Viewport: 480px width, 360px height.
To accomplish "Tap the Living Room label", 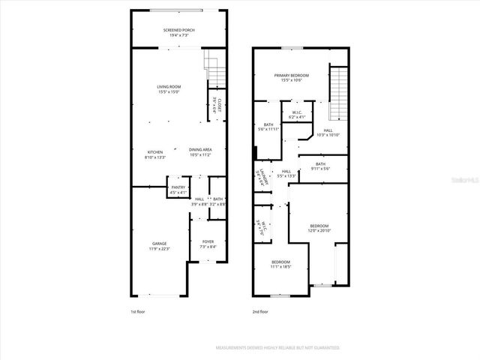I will (169, 89).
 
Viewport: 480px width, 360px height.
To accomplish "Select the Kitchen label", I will (154, 154).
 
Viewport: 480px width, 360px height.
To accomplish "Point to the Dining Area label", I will (200, 152).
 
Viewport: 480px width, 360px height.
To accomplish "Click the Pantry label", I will (178, 190).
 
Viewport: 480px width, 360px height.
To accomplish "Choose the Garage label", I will (160, 246).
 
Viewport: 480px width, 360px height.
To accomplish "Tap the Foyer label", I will (208, 244).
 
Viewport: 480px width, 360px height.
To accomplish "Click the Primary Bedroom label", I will (291, 78).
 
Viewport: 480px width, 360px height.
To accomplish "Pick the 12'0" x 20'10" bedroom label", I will (319, 227).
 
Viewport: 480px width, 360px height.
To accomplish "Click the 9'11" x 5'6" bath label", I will (320, 166).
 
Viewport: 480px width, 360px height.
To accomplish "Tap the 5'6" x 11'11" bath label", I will (268, 127).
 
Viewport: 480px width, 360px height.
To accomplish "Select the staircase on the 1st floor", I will (215, 73).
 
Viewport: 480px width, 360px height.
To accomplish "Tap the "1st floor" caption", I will (138, 311).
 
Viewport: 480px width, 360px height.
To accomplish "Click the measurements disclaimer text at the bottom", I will (277, 348).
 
